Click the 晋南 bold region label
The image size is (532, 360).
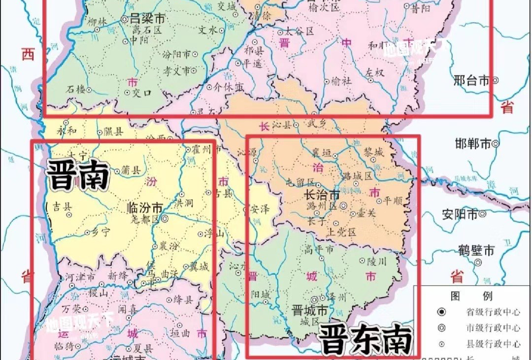click(x=77, y=176)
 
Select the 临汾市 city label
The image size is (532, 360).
click(x=145, y=208)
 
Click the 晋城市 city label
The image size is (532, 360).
click(x=309, y=311)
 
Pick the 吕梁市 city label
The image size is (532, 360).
click(x=147, y=20)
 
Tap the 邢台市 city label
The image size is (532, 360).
click(x=471, y=80)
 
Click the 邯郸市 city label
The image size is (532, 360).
click(x=473, y=144)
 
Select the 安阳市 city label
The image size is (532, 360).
click(x=460, y=214)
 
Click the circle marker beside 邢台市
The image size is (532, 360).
click(x=496, y=80)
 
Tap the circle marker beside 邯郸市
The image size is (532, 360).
click(x=496, y=144)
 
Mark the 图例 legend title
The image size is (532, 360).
click(x=471, y=295)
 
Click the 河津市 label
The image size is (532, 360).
click(x=81, y=278)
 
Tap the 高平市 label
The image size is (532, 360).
click(x=319, y=250)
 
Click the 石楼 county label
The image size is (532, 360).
click(x=76, y=89)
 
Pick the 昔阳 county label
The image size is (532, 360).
click(x=422, y=9)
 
